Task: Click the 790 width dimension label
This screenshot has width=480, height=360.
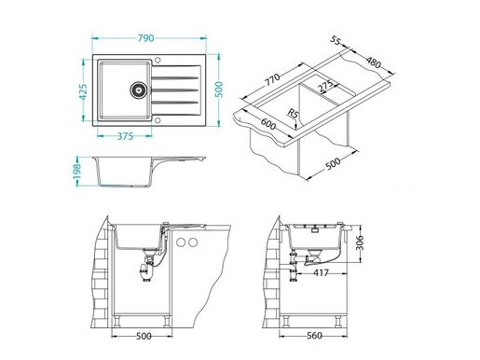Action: pyautogui.click(x=146, y=37)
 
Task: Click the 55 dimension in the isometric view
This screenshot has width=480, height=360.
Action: pyautogui.click(x=337, y=42)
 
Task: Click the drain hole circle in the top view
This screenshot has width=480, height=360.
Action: pyautogui.click(x=138, y=90)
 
